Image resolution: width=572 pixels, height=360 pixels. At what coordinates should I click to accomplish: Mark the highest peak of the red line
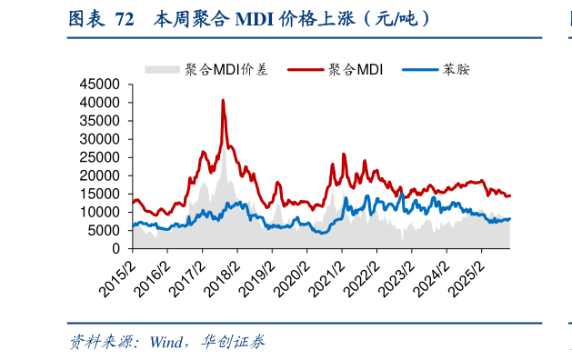(223, 100)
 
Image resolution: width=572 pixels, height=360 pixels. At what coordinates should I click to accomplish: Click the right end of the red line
(510, 195)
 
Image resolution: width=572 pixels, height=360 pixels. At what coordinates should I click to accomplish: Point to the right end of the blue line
(510, 218)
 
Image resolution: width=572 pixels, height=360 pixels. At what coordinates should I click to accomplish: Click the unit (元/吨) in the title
(392, 18)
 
